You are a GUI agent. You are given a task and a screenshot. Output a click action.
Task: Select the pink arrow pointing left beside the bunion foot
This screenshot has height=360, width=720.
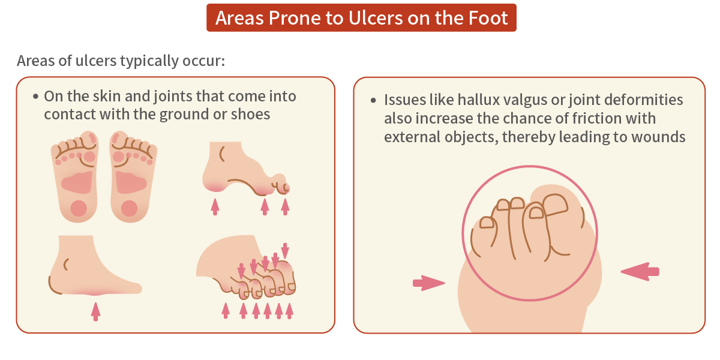(x=640, y=272)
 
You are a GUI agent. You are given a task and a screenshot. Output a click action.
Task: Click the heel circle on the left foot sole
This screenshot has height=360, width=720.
(x=79, y=208)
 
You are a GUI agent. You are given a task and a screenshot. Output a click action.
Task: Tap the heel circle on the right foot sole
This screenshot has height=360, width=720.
(x=129, y=208)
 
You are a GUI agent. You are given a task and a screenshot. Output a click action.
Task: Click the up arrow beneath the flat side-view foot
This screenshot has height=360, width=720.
(x=95, y=311)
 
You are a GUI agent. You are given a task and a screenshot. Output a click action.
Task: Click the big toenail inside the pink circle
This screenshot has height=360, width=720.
(x=555, y=207)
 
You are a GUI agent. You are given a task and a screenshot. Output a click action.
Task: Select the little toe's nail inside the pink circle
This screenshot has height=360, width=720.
(x=487, y=223)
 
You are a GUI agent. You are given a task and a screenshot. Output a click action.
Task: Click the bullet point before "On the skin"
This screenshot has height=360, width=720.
(x=36, y=97)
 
